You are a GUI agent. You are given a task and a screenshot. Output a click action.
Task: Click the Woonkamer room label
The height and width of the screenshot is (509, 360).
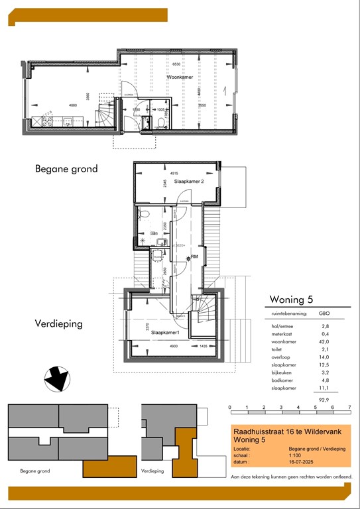(x=178, y=78)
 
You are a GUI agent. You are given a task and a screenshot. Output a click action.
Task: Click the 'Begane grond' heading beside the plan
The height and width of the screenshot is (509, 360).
(x=66, y=169)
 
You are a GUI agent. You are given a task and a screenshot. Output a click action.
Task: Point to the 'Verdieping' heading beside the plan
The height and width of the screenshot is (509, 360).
(x=58, y=324)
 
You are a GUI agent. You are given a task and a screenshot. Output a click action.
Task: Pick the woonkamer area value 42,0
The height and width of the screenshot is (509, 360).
(x=325, y=342)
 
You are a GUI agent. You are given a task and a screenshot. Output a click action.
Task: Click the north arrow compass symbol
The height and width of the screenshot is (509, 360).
(x=56, y=378)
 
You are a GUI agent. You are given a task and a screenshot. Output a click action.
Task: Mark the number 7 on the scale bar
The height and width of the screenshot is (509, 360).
(x=349, y=407)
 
